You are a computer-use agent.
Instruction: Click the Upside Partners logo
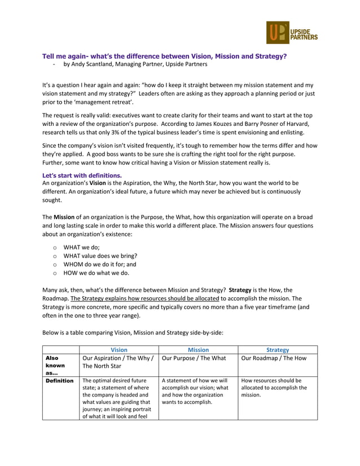pos(292,33)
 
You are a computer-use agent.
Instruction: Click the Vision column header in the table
pos(119,350)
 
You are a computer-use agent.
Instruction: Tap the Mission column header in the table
pos(198,350)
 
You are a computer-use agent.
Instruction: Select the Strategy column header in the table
pos(277,350)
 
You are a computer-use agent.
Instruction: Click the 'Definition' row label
pos(60,381)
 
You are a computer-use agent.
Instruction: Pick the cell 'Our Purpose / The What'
pos(194,358)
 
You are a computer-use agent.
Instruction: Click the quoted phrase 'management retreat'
pos(99,102)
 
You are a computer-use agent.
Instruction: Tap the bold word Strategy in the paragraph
pos(243,290)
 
